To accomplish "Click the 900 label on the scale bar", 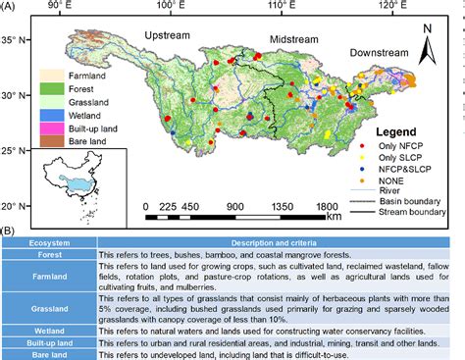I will click(235, 206).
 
